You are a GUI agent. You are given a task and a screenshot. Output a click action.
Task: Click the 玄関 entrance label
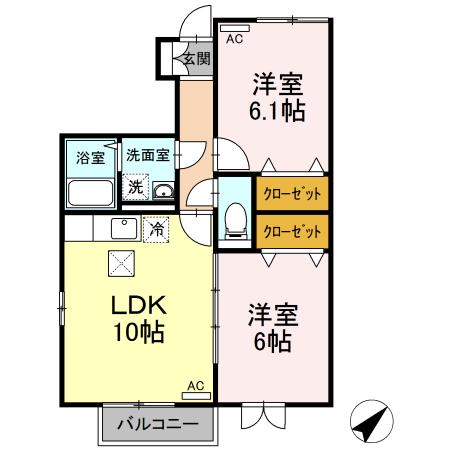click(x=196, y=59)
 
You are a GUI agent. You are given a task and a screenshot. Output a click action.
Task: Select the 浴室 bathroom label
click(x=91, y=157)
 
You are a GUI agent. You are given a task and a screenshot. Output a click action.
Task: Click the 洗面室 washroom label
click(x=148, y=156)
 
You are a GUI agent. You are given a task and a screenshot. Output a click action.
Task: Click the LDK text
click(x=138, y=306)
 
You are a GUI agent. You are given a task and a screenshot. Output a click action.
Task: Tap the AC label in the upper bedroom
click(x=234, y=40)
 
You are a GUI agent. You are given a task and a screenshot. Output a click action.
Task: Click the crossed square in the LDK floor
click(x=121, y=264)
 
